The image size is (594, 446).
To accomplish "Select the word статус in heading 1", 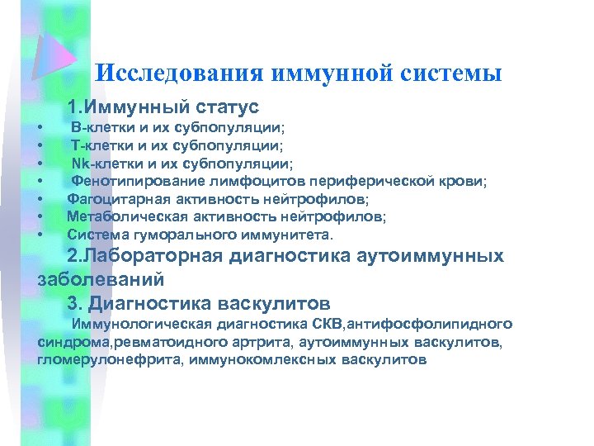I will [x=228, y=107].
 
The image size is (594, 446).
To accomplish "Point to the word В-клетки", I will [x=98, y=130].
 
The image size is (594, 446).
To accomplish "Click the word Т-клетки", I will [x=98, y=146].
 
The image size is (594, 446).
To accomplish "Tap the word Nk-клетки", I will [x=101, y=164].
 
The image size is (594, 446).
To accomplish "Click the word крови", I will [x=464, y=182].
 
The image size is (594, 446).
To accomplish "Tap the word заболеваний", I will [x=101, y=279].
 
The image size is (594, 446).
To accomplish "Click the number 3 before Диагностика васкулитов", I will [x=73, y=302].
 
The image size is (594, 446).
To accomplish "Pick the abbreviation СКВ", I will [x=339, y=324].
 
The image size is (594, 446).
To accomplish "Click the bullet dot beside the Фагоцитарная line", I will [x=40, y=200].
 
